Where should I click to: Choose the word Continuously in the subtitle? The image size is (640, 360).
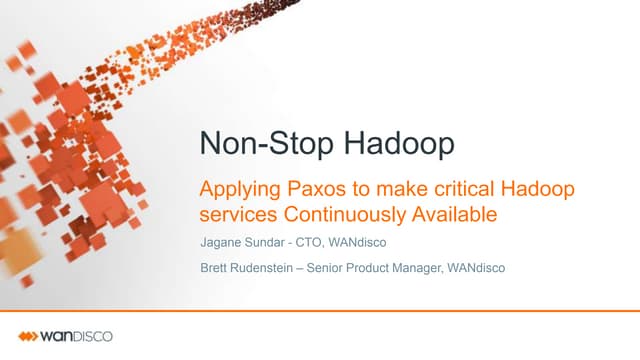pyautogui.click(x=345, y=214)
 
